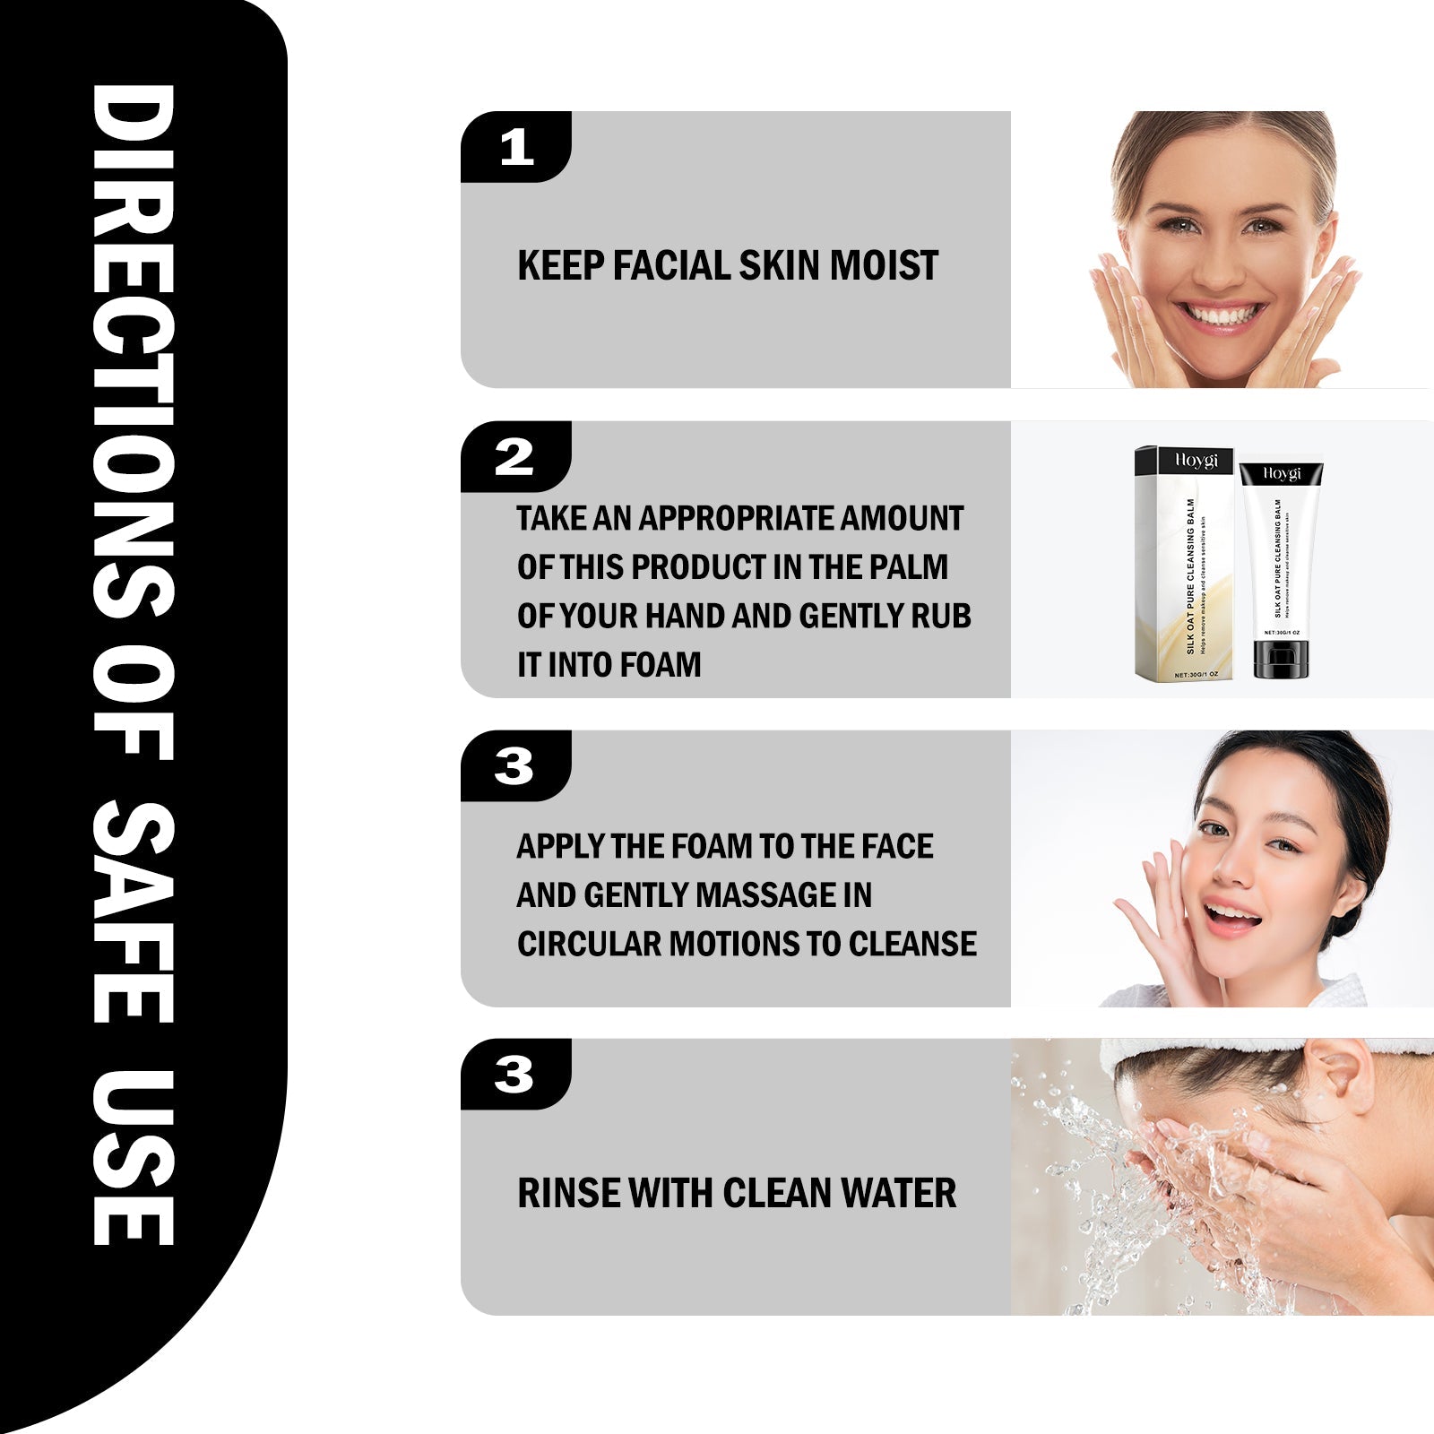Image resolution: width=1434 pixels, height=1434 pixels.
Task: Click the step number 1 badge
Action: point(516,147)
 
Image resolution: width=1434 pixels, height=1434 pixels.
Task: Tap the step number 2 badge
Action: point(514,457)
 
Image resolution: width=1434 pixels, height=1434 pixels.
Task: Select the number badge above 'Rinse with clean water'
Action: point(514,1075)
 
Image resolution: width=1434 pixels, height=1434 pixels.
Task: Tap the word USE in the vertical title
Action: point(134,1156)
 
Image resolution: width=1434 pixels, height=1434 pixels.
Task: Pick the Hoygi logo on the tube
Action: point(1282,473)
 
